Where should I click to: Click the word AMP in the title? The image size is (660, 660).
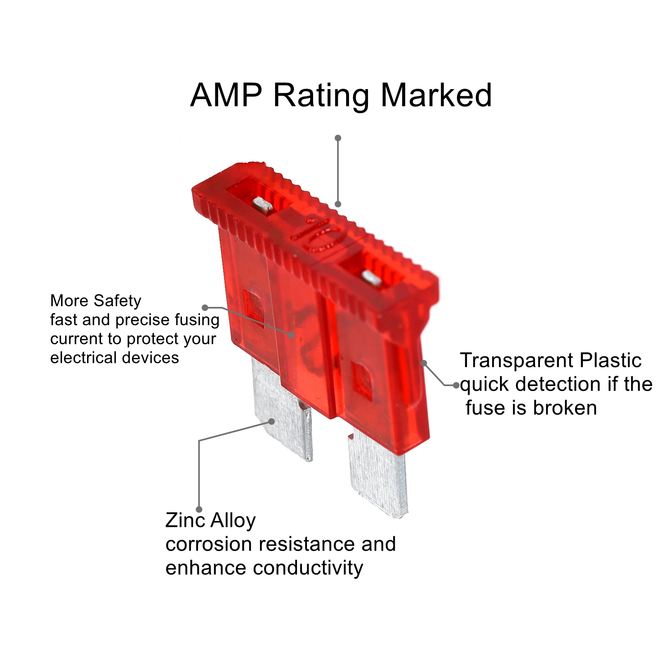tap(226, 95)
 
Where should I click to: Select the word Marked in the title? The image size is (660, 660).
tap(436, 95)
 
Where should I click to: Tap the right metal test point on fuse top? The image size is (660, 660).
tap(371, 278)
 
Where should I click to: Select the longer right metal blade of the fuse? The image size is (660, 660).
tap(377, 474)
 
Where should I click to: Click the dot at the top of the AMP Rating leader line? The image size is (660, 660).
tap(338, 138)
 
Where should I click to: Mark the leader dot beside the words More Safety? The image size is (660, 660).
tap(205, 307)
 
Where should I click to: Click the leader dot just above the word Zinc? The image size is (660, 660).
tap(199, 510)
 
